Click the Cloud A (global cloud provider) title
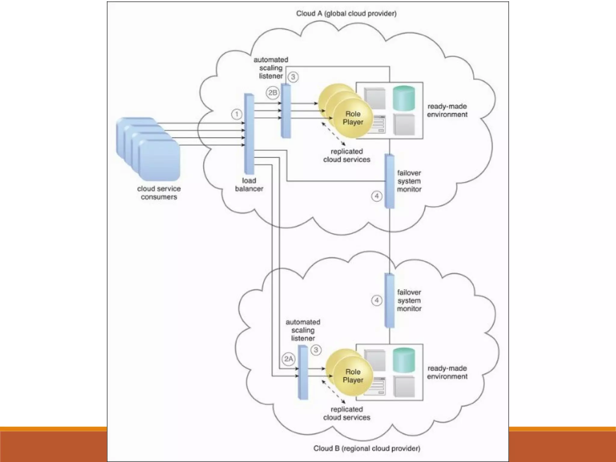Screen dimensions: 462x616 coord(346,14)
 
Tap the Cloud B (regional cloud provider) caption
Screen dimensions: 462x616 coord(366,448)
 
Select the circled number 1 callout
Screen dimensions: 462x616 coord(237,114)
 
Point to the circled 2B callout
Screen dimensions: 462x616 coord(273,93)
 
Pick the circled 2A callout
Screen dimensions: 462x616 coord(288,359)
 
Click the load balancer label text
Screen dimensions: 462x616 coord(249,185)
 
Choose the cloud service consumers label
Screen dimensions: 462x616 coord(159,193)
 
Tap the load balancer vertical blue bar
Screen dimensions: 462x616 coord(249,134)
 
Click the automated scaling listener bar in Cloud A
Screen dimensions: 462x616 coord(286,111)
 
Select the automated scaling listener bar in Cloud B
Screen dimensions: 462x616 coord(303,372)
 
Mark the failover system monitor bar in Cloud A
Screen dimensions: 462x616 coord(390,181)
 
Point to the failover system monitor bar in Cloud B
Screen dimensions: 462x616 coord(390,300)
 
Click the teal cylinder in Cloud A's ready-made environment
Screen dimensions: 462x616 coord(404,98)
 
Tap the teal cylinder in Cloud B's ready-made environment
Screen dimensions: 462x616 coord(404,360)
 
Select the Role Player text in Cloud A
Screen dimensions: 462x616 coord(353,118)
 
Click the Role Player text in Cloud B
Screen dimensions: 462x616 coord(353,376)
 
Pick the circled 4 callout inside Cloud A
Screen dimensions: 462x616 coord(377,196)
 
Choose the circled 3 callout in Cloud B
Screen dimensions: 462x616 coord(316,350)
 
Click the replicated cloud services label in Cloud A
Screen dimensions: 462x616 coord(346,156)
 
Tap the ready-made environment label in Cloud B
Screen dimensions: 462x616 coord(447,372)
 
